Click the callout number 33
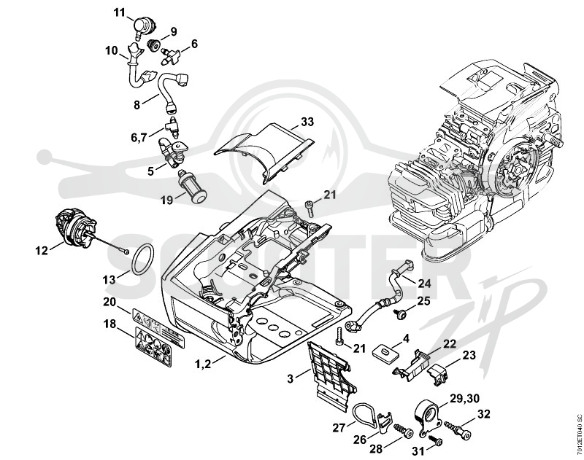pos(307,122)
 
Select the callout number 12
pos(42,251)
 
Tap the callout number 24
pos(424,284)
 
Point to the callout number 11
pos(120,13)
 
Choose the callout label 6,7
pos(139,139)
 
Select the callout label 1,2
pos(203,363)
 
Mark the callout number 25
pos(423,301)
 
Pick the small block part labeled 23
pos(437,373)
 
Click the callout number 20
pos(110,302)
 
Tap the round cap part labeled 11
pos(144,26)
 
